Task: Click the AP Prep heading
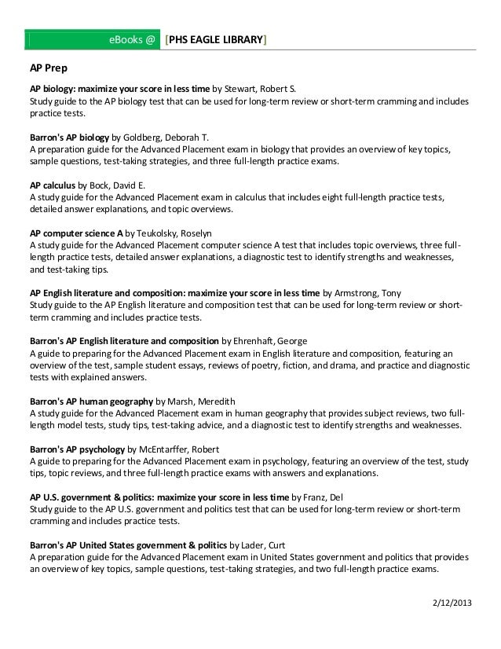pos(48,69)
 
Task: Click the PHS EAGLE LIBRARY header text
pos(216,38)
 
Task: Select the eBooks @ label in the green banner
pos(132,38)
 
